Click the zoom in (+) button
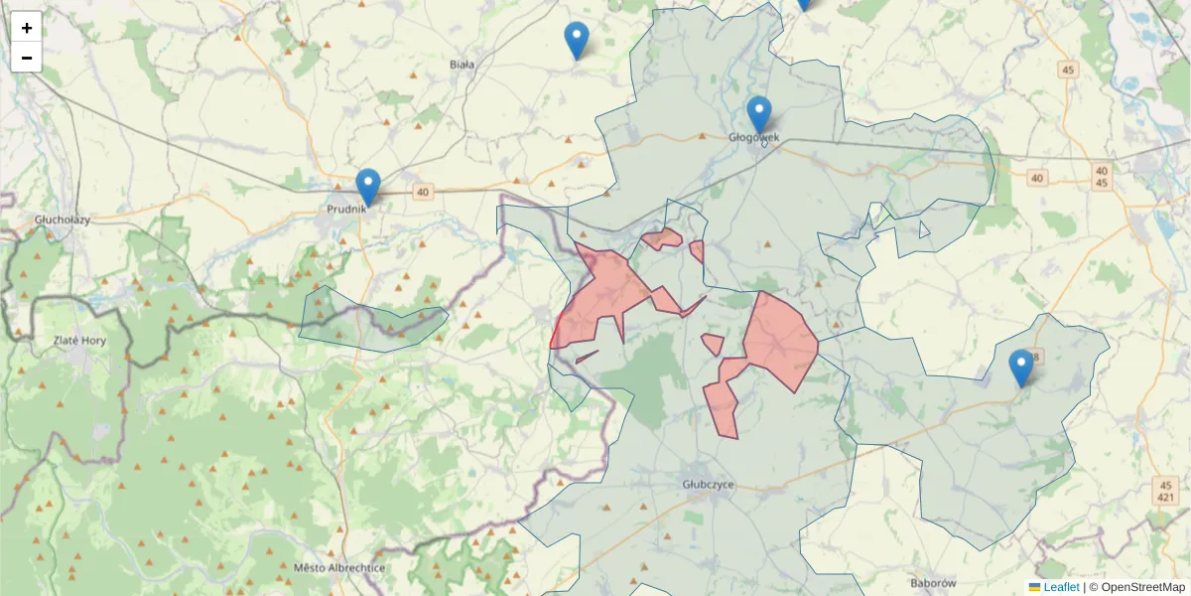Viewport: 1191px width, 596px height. tap(27, 28)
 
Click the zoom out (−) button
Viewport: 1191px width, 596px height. tap(27, 58)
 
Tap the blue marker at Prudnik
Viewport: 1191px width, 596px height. tap(368, 187)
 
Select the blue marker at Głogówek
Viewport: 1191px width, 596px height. tap(759, 114)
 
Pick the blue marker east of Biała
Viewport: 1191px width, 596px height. tap(577, 40)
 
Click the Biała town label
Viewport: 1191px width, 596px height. tap(462, 65)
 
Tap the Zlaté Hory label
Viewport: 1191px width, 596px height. tap(79, 340)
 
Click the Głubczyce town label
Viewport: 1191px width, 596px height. tap(708, 484)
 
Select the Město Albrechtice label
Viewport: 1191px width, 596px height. tap(339, 568)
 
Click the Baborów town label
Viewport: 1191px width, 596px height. tap(932, 583)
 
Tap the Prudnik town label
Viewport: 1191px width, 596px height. tap(347, 210)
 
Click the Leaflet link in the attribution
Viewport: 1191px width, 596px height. tap(1061, 587)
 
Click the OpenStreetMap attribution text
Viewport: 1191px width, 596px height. tap(1136, 587)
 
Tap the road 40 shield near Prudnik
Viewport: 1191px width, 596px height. tap(424, 193)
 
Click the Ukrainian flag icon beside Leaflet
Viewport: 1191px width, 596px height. tap(1034, 587)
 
